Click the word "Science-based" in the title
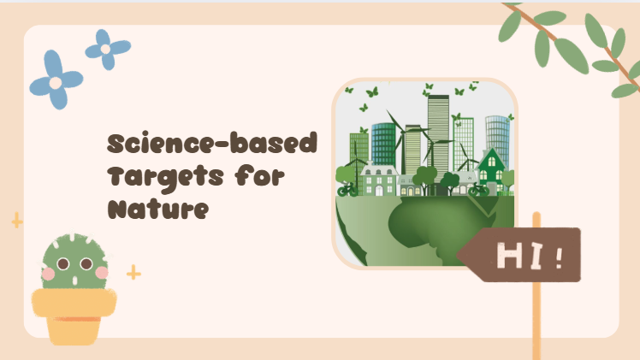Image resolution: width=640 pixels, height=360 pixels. coord(212,143)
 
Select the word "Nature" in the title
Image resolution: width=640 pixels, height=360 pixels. coord(158,209)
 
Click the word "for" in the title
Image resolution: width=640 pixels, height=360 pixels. coord(259,175)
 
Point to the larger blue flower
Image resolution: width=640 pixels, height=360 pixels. coord(56,80)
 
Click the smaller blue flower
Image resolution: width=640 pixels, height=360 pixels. coord(107,50)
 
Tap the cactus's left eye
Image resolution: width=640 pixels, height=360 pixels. coord(63,263)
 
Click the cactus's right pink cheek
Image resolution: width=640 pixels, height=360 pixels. coord(102,273)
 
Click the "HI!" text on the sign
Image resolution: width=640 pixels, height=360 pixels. coord(530,255)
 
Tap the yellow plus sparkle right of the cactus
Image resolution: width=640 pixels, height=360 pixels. coord(133,272)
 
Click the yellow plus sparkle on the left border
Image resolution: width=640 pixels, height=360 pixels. coord(17,220)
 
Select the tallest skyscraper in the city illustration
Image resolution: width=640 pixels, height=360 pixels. coord(438,134)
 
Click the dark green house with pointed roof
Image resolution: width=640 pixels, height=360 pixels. coord(491,170)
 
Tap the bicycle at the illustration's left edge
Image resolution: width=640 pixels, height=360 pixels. coord(347,190)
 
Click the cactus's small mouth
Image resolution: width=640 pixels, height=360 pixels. coord(74,280)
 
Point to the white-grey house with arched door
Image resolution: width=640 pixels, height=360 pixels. coord(378,180)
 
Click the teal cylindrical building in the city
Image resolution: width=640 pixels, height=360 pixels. coord(383,144)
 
